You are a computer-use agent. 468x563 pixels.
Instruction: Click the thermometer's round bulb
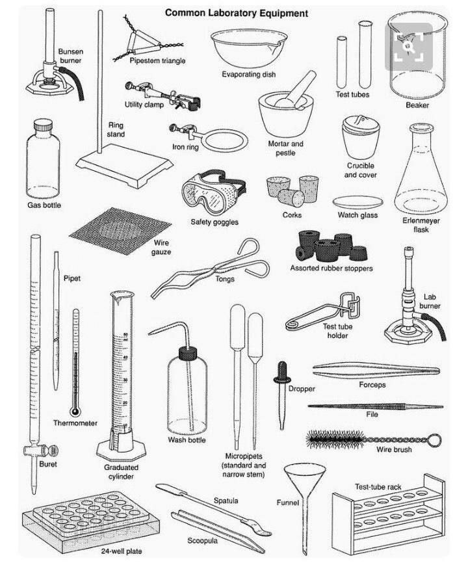tap(75, 411)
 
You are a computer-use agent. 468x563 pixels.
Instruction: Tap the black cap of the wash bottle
tap(188, 353)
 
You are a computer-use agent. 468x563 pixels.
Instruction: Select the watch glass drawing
tap(357, 202)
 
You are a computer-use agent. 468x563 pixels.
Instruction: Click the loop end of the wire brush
tap(435, 440)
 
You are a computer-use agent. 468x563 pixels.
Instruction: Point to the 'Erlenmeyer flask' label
tap(421, 225)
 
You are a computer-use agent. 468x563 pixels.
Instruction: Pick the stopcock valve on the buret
tap(41, 451)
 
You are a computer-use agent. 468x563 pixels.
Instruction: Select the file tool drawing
tap(376, 406)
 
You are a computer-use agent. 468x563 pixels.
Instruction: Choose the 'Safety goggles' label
tap(214, 222)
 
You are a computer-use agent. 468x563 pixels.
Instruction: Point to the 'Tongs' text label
tap(225, 279)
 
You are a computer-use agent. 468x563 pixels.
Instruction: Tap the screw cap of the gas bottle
tap(43, 125)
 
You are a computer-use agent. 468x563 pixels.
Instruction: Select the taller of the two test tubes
tap(365, 55)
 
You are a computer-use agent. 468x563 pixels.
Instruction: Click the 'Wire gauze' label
tap(161, 247)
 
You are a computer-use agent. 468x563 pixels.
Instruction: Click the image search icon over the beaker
tap(409, 47)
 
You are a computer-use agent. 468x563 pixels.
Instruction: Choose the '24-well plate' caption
tap(122, 551)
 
